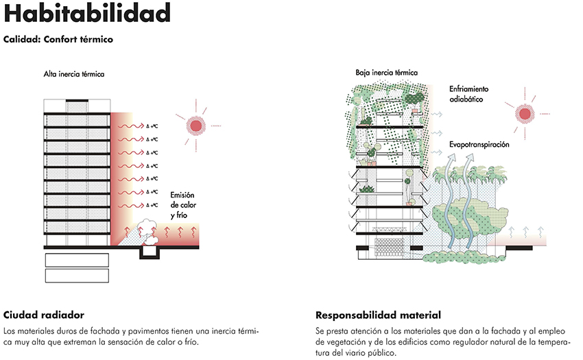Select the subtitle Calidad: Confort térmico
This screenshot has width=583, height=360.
(58, 39)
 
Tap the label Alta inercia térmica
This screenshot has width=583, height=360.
(74, 74)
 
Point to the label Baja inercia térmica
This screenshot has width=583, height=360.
(387, 73)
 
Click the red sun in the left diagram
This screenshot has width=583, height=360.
(196, 125)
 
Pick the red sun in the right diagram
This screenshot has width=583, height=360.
(525, 114)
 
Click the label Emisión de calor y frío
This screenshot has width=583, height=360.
(183, 205)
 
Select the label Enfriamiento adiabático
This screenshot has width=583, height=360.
(469, 94)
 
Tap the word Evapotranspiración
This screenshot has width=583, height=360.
(479, 144)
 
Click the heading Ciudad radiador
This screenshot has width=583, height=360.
(44, 315)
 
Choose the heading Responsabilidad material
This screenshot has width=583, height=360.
(378, 315)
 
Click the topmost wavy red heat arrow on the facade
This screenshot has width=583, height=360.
(131, 126)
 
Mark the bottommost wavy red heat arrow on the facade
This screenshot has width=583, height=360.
(131, 205)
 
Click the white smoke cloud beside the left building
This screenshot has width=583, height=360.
(148, 230)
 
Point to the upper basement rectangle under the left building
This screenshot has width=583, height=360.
(77, 261)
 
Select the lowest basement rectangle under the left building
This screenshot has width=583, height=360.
(77, 276)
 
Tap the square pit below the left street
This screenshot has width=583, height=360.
(150, 253)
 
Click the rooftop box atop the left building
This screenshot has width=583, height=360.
(77, 106)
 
